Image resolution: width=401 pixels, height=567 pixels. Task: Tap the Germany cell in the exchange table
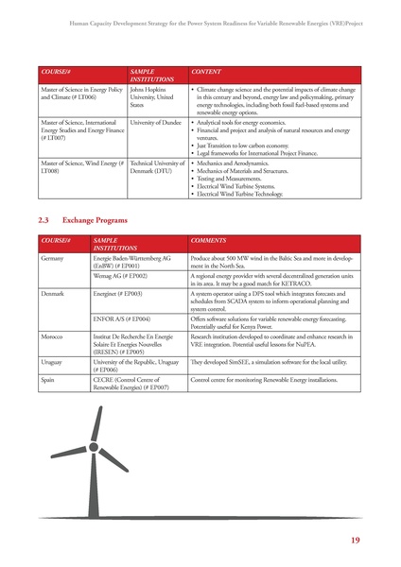tap(52, 257)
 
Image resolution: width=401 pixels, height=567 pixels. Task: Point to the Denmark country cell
tap(54, 294)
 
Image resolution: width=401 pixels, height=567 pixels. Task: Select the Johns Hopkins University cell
tap(152, 96)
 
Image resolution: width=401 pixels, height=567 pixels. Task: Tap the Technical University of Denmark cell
tap(156, 168)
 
